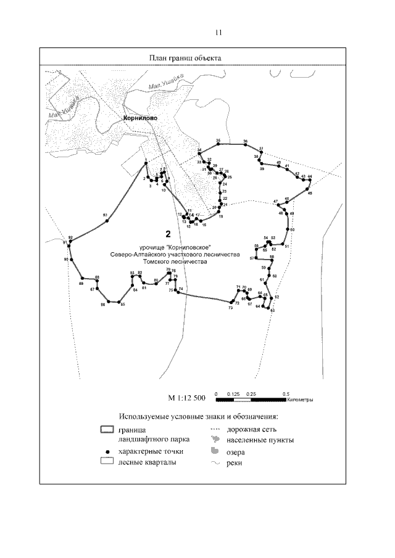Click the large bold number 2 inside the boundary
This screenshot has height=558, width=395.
tap(168, 234)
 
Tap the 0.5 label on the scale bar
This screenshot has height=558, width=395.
tap(286, 393)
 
